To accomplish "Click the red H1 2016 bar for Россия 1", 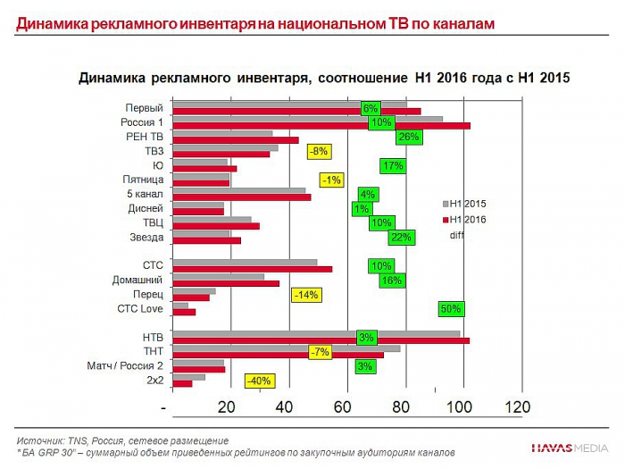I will [321, 126].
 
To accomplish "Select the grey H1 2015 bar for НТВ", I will [316, 334].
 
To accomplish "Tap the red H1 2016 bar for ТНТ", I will [278, 356].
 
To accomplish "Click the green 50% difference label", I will [451, 309].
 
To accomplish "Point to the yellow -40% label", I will [260, 381].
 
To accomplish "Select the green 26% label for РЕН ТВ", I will [408, 137].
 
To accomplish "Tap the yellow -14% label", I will [305, 295].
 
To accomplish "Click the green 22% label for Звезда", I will [401, 237].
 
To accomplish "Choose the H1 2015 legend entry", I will [467, 204].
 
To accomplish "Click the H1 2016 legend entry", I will [467, 220].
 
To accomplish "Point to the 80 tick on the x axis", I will [401, 406].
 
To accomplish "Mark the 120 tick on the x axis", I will [517, 406].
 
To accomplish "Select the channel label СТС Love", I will [140, 309].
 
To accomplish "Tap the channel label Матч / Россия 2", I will [125, 366].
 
